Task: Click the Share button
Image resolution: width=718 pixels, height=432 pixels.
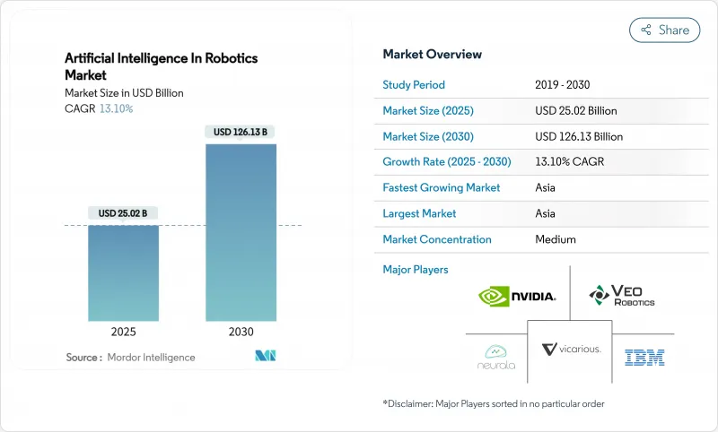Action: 664,30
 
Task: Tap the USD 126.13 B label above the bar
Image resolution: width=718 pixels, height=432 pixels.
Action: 241,132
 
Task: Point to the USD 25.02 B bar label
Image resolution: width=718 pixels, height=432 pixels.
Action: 124,212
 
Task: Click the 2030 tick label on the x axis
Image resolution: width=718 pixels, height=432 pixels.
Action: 241,332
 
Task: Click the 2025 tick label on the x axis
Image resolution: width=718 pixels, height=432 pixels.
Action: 124,332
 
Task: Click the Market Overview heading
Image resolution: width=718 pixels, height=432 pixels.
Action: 432,55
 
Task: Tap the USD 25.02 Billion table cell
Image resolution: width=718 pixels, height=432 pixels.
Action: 575,111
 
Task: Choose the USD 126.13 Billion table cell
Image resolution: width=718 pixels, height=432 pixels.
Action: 578,136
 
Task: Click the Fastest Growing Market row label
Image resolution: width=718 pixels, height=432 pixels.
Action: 442,187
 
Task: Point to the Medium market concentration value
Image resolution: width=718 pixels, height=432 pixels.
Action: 555,239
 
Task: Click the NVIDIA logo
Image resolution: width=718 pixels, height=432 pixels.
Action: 517,295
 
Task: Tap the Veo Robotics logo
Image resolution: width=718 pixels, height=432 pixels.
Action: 621,295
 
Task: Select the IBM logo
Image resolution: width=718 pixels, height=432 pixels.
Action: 644,357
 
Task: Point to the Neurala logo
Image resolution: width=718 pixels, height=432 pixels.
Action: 497,357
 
